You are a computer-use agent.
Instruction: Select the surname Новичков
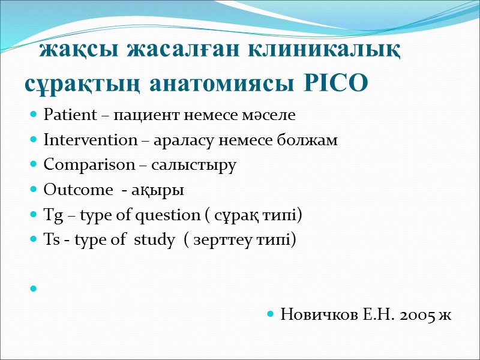pyautogui.click(x=316, y=314)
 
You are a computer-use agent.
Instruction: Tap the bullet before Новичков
pyautogui.click(x=271, y=314)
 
